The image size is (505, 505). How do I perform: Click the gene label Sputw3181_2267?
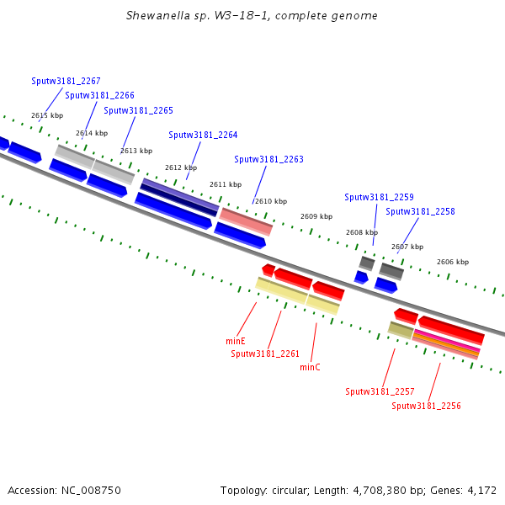66,82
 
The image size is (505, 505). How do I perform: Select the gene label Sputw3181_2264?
203,135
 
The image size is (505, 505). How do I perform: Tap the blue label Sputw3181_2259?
379,197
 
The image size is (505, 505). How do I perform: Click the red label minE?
236,341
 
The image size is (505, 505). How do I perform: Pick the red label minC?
310,367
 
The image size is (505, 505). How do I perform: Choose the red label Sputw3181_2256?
426,406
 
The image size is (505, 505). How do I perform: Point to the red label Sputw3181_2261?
265,353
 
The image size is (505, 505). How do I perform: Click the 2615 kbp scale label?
47,115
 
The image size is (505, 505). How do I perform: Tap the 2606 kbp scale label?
452,262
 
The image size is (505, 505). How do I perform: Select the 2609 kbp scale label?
316,216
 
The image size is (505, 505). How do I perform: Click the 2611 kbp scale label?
226,184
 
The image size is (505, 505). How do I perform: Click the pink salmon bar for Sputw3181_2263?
246,221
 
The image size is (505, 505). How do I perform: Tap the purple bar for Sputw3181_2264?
179,196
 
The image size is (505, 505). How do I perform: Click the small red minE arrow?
268,270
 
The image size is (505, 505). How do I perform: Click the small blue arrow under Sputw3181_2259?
361,277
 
